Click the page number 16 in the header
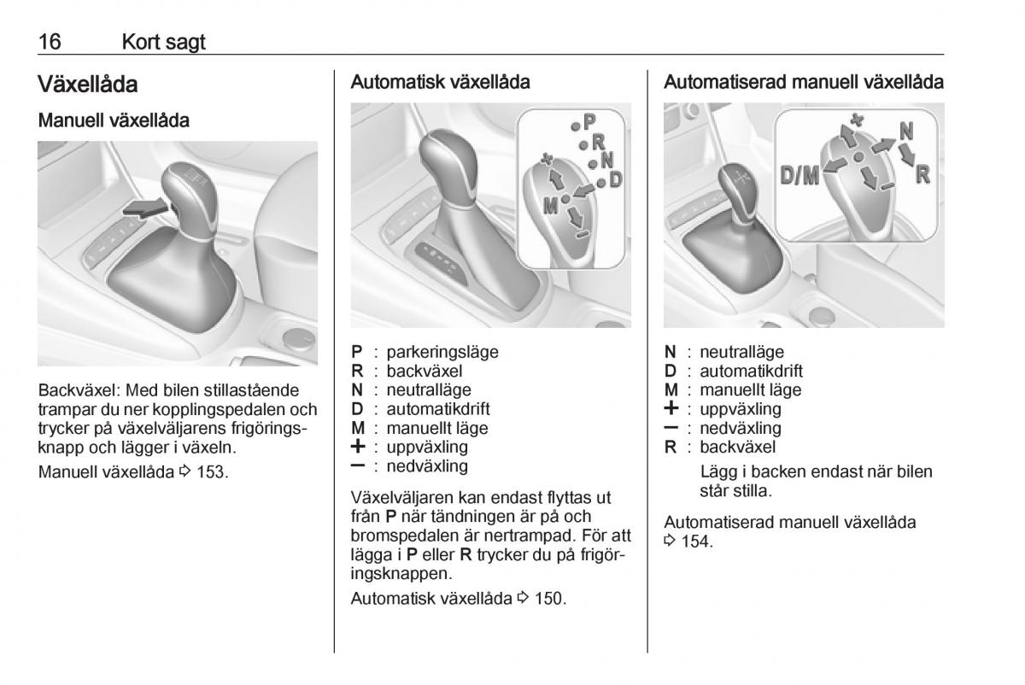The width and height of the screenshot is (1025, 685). click(x=50, y=42)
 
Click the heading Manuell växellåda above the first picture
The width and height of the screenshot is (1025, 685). click(x=114, y=120)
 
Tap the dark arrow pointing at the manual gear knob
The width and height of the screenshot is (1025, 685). click(x=145, y=208)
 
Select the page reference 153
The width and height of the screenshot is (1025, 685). click(x=212, y=471)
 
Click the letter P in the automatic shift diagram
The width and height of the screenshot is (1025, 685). click(x=589, y=122)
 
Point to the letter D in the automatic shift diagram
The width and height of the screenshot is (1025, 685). click(x=616, y=179)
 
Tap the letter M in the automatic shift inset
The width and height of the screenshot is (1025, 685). click(x=550, y=206)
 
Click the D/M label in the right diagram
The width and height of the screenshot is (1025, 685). click(x=799, y=175)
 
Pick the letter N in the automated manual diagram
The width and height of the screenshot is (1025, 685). click(x=906, y=131)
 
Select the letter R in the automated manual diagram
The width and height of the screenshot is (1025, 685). click(x=922, y=174)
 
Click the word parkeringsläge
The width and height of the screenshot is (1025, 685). click(x=442, y=353)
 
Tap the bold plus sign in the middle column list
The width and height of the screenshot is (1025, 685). click(x=358, y=446)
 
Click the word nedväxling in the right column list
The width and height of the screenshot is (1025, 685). click(x=741, y=428)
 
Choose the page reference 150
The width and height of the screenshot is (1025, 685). click(x=550, y=599)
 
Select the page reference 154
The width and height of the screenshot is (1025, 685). click(x=697, y=542)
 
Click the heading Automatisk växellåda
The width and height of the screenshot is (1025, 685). click(x=440, y=82)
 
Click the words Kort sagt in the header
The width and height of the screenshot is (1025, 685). click(x=163, y=43)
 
